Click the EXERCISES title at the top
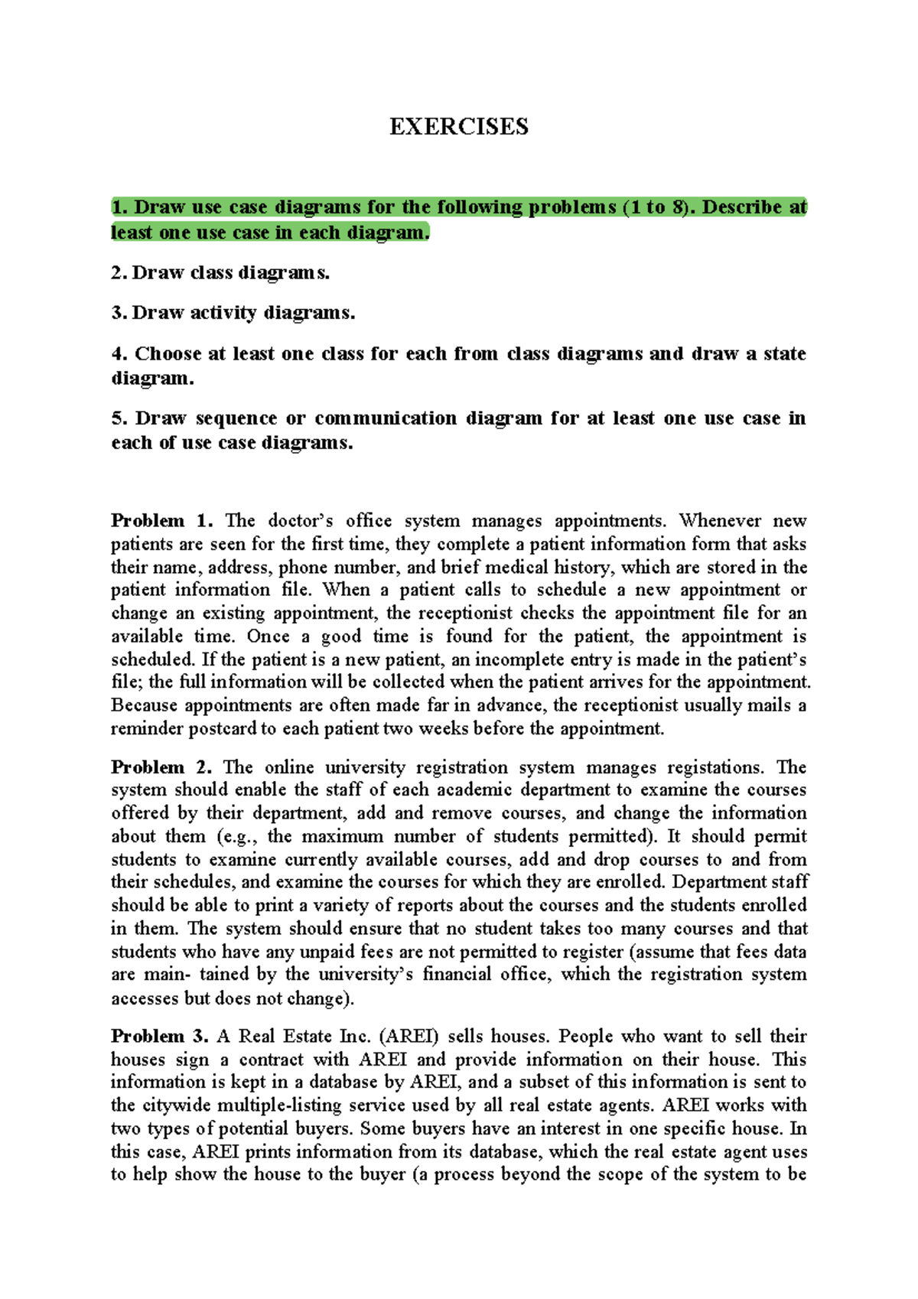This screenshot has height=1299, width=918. pos(458,127)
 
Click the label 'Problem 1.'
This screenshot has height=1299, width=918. pos(161,521)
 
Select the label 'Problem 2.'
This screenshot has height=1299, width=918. pos(161,767)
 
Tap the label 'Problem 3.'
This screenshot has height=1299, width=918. pos(159,1037)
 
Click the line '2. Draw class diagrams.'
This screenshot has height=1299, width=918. pos(220,273)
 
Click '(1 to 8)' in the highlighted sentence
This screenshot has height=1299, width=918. pos(656,207)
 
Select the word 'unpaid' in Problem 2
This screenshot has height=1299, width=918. pos(330,952)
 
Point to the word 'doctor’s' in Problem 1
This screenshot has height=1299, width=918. pos(301,521)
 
